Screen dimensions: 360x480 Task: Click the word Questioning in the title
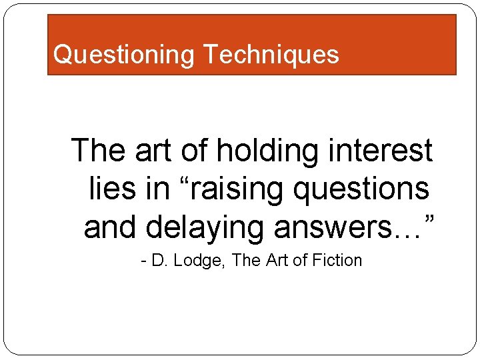click(124, 54)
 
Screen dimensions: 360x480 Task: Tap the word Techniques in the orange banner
click(271, 54)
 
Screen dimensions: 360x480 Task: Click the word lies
click(112, 189)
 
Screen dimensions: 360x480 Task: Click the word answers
click(338, 227)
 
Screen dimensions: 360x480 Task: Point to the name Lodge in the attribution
click(201, 261)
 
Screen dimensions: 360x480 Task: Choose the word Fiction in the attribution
click(337, 261)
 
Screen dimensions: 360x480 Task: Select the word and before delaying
click(111, 227)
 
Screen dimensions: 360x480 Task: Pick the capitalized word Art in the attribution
click(275, 261)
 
